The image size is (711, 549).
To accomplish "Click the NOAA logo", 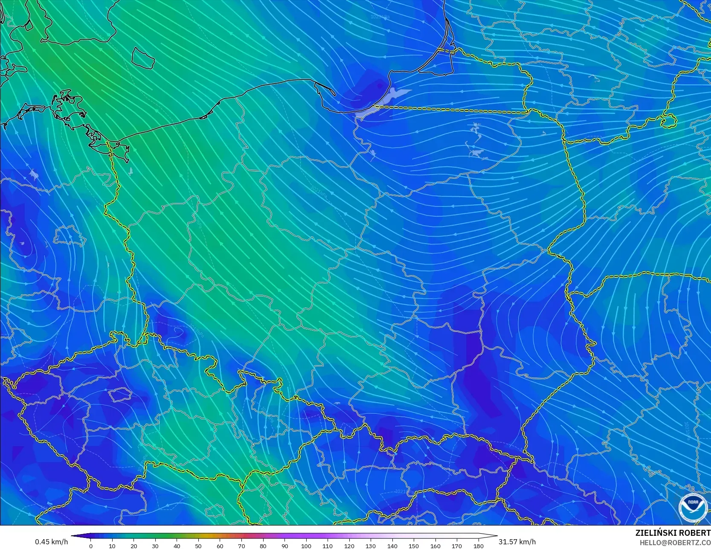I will click(x=693, y=507).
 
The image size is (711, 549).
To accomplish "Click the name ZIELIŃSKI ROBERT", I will click(x=673, y=533).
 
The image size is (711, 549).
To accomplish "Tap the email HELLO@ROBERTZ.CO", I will click(x=675, y=543).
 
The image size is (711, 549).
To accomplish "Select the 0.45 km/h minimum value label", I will click(x=51, y=542).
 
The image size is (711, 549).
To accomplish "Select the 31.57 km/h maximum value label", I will click(x=517, y=542).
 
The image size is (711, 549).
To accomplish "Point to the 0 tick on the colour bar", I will click(x=91, y=546).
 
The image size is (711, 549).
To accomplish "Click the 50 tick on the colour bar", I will click(x=198, y=546).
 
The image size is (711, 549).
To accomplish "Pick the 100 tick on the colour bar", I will click(x=306, y=546).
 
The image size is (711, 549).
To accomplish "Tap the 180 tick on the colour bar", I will click(x=478, y=546).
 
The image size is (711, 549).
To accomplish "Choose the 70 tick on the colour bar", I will click(x=241, y=546).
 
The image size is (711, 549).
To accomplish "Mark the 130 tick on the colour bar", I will click(x=371, y=546).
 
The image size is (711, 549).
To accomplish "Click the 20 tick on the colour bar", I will click(x=134, y=546).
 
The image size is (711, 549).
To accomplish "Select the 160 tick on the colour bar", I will click(x=435, y=546).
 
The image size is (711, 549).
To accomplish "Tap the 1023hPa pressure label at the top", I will click(x=380, y=17).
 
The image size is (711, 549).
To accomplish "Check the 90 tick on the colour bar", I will click(x=284, y=546).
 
